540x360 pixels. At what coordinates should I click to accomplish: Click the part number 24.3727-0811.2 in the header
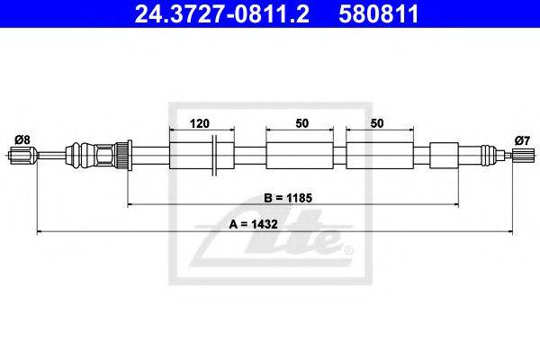[221, 13]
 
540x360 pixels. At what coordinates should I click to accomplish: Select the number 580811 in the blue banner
[379, 13]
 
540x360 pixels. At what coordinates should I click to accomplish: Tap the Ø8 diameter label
[22, 139]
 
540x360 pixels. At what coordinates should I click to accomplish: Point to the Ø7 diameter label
[522, 140]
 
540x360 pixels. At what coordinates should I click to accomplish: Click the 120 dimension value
[200, 123]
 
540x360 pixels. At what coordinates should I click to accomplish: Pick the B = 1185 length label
[288, 198]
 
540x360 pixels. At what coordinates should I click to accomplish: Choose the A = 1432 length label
[253, 224]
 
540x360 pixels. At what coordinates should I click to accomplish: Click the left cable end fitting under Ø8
[22, 156]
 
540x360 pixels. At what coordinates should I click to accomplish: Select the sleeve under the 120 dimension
[202, 156]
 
